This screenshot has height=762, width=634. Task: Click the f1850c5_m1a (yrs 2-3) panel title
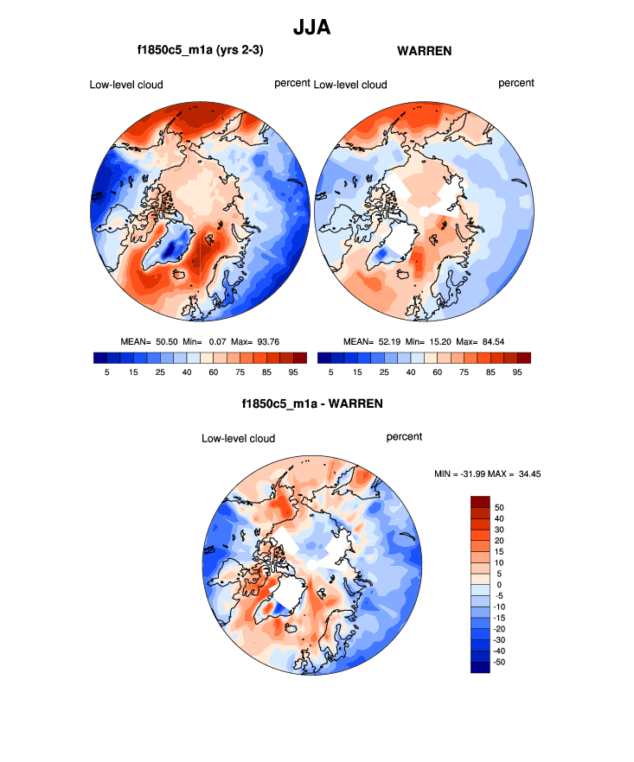tap(200, 51)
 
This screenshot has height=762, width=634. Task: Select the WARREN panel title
tap(424, 51)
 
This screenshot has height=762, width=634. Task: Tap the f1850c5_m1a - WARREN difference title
tap(312, 403)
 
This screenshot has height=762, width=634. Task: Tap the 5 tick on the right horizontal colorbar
tap(331, 371)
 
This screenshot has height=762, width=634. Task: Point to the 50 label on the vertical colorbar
tap(499, 507)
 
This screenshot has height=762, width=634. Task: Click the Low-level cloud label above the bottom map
tap(238, 439)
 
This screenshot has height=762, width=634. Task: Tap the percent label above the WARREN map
tap(516, 83)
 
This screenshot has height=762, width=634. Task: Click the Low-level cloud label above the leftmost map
tap(126, 85)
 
